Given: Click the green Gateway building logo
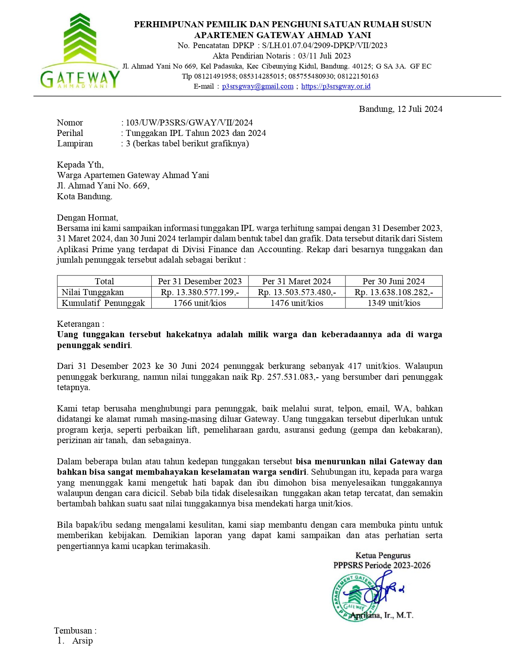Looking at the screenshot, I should (80, 51).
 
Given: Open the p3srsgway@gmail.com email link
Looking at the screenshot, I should (258, 86).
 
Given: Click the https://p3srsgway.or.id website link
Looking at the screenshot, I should (335, 86).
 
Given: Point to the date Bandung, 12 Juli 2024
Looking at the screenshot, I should (400, 109).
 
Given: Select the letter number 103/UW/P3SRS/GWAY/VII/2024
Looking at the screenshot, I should (189, 123).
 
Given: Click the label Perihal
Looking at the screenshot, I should (70, 133).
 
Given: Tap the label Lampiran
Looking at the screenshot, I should (75, 144).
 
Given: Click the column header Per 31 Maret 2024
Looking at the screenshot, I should (297, 281).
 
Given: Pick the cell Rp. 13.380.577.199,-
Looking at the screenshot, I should (200, 292).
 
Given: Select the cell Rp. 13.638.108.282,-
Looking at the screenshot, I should (394, 292).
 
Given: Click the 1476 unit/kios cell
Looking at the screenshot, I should (297, 303).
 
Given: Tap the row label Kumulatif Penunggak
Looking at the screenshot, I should (103, 303).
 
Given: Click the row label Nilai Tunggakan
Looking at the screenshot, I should (93, 292).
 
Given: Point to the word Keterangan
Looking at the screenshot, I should (80, 324).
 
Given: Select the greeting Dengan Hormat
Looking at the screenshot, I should (87, 218).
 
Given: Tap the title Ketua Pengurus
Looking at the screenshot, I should (383, 555).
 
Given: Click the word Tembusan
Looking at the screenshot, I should (75, 631).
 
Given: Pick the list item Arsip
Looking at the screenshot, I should (82, 641).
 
